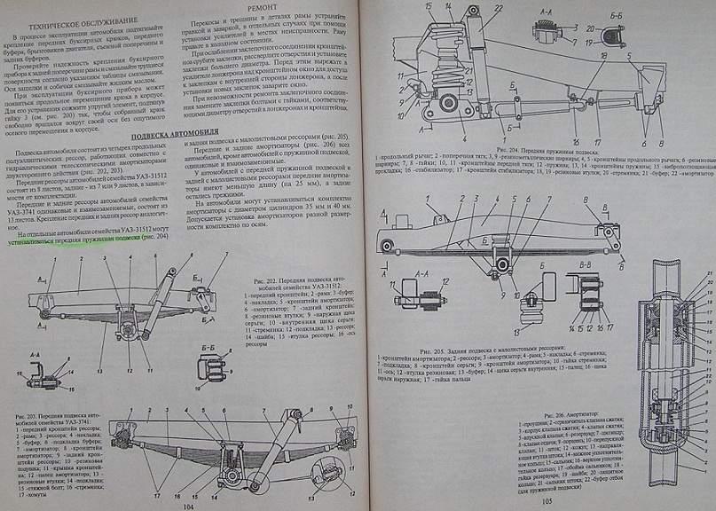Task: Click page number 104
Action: point(187,505)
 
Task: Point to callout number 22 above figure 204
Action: point(498,10)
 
